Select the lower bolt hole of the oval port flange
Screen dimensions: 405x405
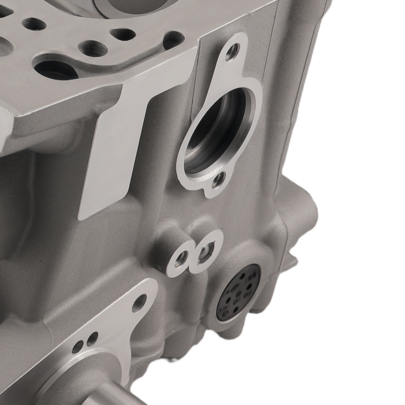(x=218, y=180)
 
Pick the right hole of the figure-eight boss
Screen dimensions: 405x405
(x=206, y=251)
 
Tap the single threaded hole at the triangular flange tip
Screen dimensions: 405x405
(x=139, y=303)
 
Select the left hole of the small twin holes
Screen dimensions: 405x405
(x=78, y=346)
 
